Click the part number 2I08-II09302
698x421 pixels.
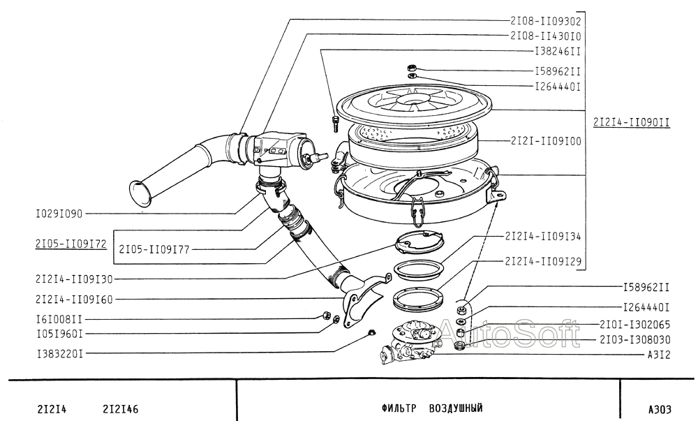pyautogui.click(x=545, y=21)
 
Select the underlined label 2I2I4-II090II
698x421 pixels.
pyautogui.click(x=632, y=122)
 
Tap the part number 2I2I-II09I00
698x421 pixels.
pyautogui.click(x=546, y=141)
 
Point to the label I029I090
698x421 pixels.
pyautogui.click(x=59, y=214)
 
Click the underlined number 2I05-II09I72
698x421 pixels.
pyautogui.click(x=71, y=244)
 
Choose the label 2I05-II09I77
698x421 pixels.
pyautogui.click(x=154, y=249)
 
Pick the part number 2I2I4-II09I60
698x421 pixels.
pyautogui.click(x=75, y=300)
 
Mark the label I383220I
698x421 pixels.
pyautogui.click(x=59, y=354)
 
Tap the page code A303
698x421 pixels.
pyautogui.click(x=660, y=409)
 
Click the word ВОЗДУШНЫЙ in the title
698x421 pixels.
pyautogui.click(x=456, y=408)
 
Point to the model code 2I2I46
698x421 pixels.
pyautogui.click(x=121, y=409)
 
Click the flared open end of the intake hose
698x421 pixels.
pyautogui.click(x=140, y=193)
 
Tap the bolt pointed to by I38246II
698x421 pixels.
pyautogui.click(x=335, y=124)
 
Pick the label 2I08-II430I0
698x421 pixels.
pyautogui.click(x=545, y=36)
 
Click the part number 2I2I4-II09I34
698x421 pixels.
pyautogui.click(x=542, y=236)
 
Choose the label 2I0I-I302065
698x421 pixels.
pyautogui.click(x=634, y=325)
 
